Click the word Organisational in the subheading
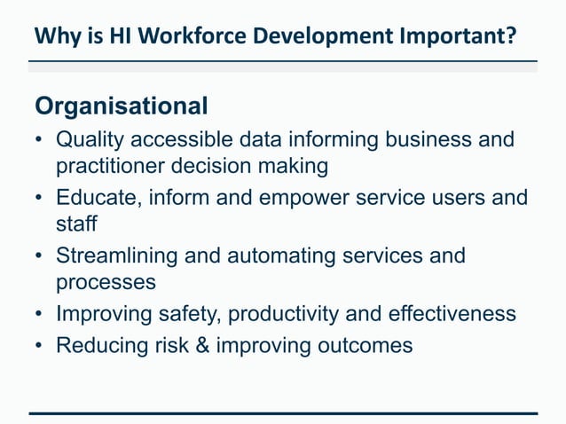[x=122, y=106]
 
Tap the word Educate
[x=95, y=198]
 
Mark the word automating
[x=279, y=256]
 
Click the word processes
[x=106, y=282]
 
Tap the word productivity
[x=289, y=314]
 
